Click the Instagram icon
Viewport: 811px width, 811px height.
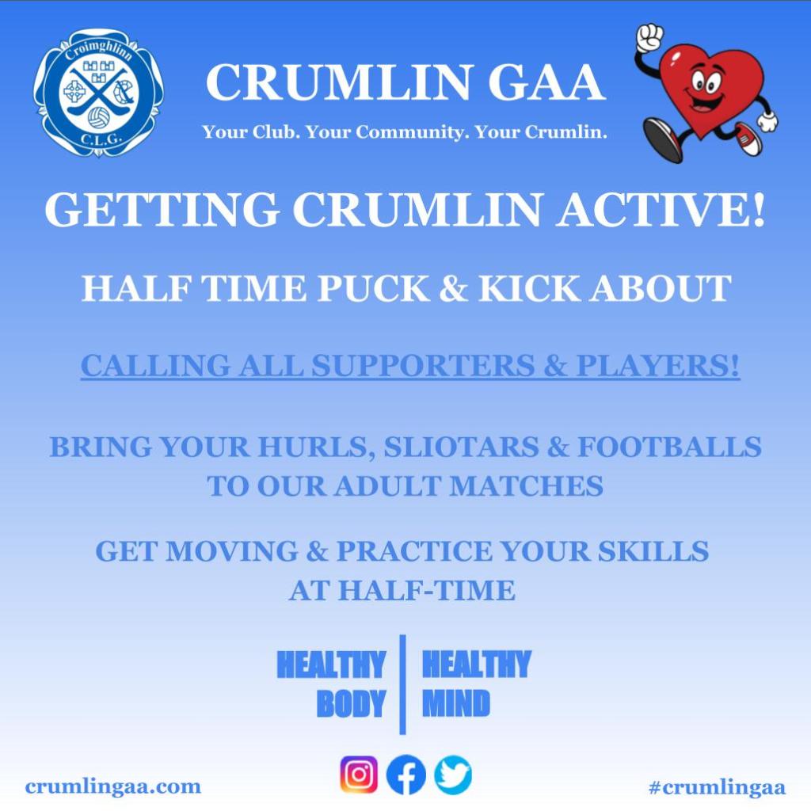[x=359, y=775]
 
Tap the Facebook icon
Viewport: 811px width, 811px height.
[x=406, y=775]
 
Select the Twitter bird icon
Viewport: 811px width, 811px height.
[x=452, y=775]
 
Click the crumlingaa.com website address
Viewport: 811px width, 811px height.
[x=112, y=786]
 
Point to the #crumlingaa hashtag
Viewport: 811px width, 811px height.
[x=717, y=787]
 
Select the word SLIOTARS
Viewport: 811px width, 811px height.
[x=461, y=447]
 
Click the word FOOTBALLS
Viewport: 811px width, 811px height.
[x=669, y=447]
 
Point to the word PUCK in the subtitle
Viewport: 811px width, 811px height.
[x=373, y=288]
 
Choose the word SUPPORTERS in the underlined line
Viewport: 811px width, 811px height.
[x=423, y=366]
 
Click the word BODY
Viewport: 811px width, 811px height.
[x=351, y=703]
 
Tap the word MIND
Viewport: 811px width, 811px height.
[x=455, y=703]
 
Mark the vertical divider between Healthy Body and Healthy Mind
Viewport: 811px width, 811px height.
[x=403, y=684]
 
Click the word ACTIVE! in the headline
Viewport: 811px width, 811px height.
[x=661, y=209]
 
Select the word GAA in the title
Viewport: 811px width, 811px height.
[x=546, y=82]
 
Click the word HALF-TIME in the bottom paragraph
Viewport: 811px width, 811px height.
[x=427, y=590]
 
